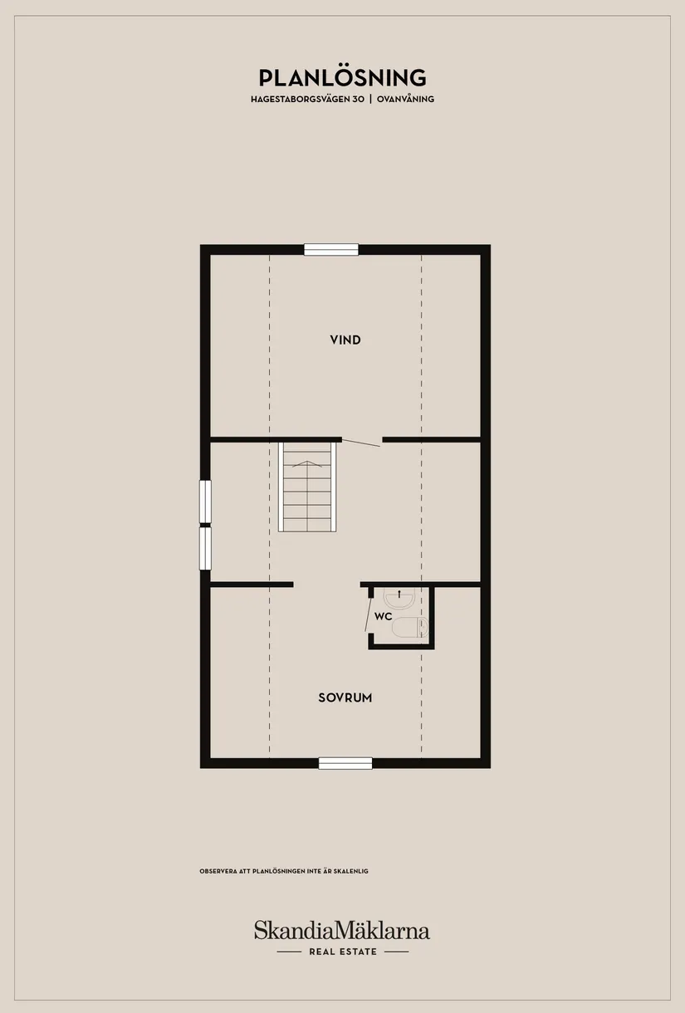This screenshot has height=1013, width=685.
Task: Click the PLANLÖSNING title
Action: (342, 78)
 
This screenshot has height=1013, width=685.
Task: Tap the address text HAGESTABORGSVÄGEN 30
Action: (307, 99)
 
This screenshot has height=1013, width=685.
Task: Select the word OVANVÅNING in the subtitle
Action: (405, 99)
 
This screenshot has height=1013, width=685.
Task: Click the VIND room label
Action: (345, 340)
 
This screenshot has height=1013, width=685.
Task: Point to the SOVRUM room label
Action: (345, 697)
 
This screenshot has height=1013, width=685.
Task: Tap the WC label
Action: (383, 616)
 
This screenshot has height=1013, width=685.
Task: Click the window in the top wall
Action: (331, 250)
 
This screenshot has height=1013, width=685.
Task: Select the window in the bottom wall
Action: (345, 763)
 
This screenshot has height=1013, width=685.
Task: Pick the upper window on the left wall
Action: (205, 502)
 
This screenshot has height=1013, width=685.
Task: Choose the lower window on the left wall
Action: (205, 549)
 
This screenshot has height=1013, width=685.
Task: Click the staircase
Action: (307, 487)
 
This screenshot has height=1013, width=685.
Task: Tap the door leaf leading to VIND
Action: (361, 443)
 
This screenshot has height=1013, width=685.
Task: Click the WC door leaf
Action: (368, 614)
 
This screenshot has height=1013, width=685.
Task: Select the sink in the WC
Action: (399, 599)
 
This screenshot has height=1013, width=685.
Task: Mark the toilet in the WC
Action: (410, 627)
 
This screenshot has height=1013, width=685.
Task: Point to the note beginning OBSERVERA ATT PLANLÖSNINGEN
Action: (284, 871)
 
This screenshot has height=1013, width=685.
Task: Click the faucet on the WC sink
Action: (399, 594)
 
